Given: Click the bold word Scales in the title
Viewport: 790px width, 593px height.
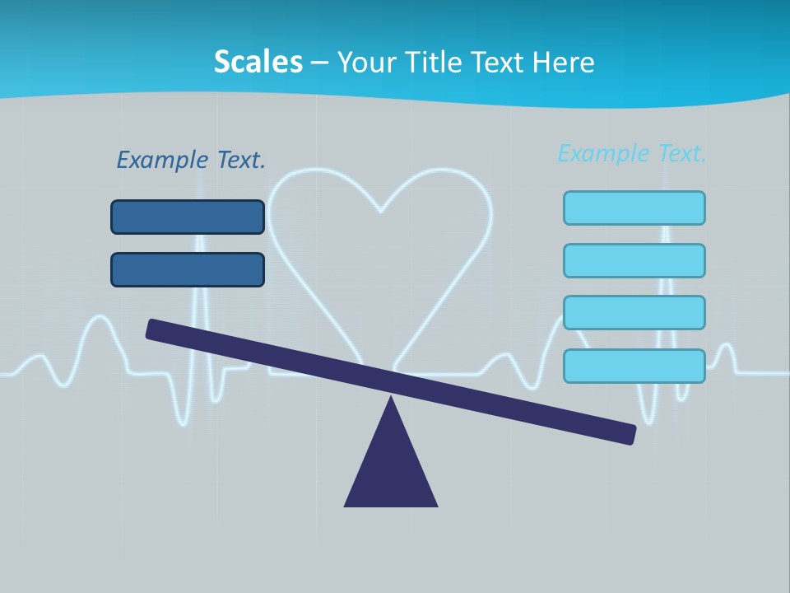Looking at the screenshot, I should point(258,62).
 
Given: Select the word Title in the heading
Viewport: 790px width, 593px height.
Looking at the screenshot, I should point(428,62).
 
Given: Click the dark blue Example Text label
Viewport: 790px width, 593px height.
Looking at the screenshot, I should point(191,160).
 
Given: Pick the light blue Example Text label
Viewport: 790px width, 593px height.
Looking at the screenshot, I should point(632,153).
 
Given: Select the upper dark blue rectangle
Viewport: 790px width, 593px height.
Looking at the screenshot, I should point(188,217).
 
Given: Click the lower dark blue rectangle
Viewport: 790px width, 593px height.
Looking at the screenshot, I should point(188,269).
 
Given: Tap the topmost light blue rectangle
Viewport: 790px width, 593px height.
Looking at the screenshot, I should point(634,208).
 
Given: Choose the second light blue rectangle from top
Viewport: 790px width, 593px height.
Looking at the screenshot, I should point(634,260).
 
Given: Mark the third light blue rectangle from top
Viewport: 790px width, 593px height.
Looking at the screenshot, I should point(634,313).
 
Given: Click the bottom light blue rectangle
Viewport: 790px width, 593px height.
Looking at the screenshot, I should point(634,366).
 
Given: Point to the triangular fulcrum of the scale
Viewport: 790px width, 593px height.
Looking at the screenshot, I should point(391,469).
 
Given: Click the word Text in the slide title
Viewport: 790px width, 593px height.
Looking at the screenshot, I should point(495,62).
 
